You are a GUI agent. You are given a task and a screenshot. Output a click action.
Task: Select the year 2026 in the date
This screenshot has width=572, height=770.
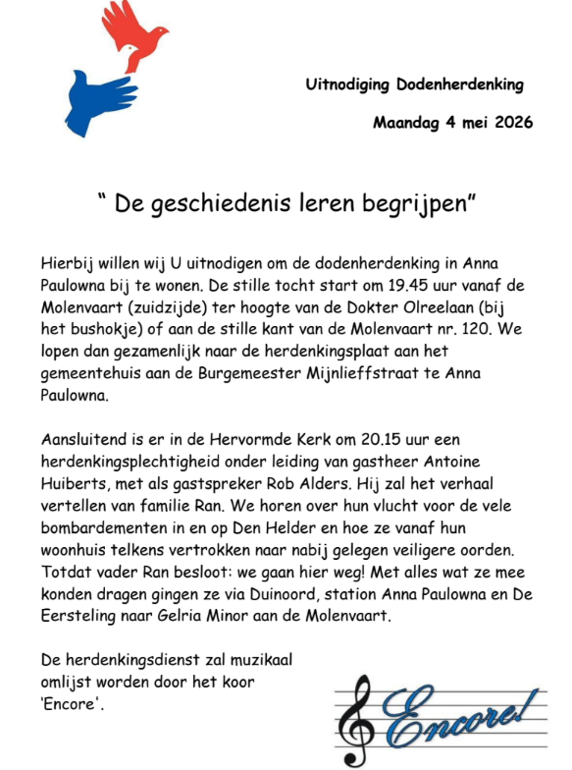513,122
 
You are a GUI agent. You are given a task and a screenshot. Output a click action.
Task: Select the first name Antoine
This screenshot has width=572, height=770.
452,462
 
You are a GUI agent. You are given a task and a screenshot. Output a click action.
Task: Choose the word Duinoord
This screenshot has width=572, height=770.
284,594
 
